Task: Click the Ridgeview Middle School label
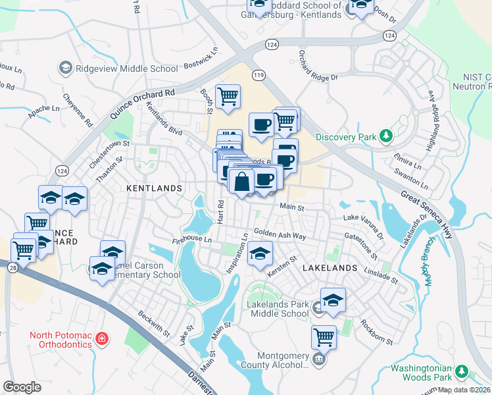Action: (126, 68)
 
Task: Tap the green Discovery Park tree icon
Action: (386, 137)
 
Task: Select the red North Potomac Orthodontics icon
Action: (101, 339)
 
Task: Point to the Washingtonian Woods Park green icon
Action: (463, 373)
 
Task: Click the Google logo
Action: (22, 387)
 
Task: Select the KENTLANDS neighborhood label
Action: (154, 188)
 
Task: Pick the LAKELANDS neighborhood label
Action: (330, 269)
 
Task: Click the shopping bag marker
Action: (242, 182)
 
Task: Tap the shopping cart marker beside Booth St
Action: (228, 97)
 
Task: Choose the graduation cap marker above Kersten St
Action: (260, 253)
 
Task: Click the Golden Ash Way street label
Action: (280, 234)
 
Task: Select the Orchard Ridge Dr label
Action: (318, 66)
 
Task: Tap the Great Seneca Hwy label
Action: (446, 208)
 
